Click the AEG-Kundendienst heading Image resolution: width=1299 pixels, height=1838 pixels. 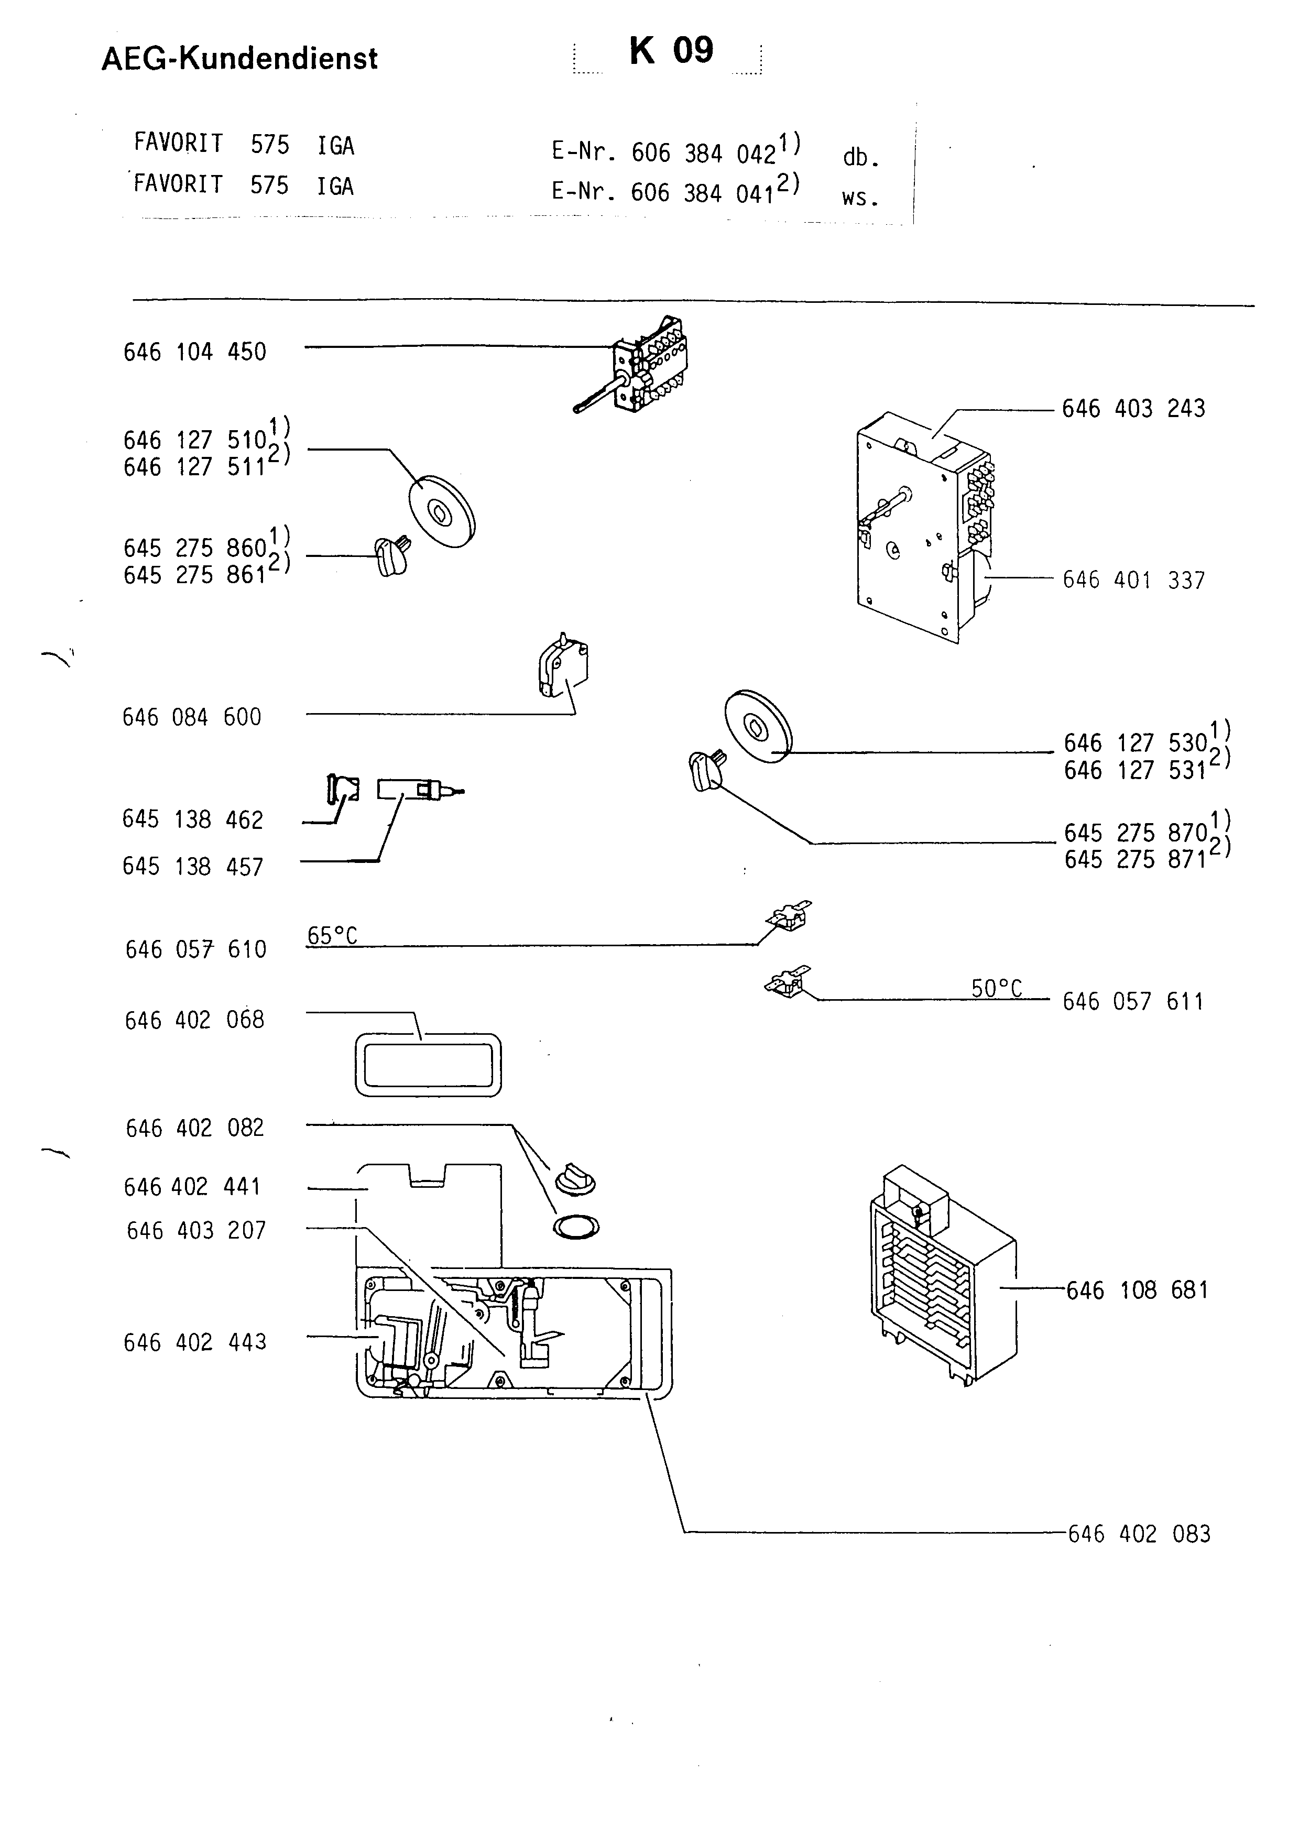(239, 59)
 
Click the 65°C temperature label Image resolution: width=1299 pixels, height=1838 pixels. (332, 935)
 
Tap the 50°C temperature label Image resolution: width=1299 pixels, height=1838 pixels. (997, 989)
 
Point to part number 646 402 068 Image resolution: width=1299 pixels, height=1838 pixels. (194, 1020)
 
